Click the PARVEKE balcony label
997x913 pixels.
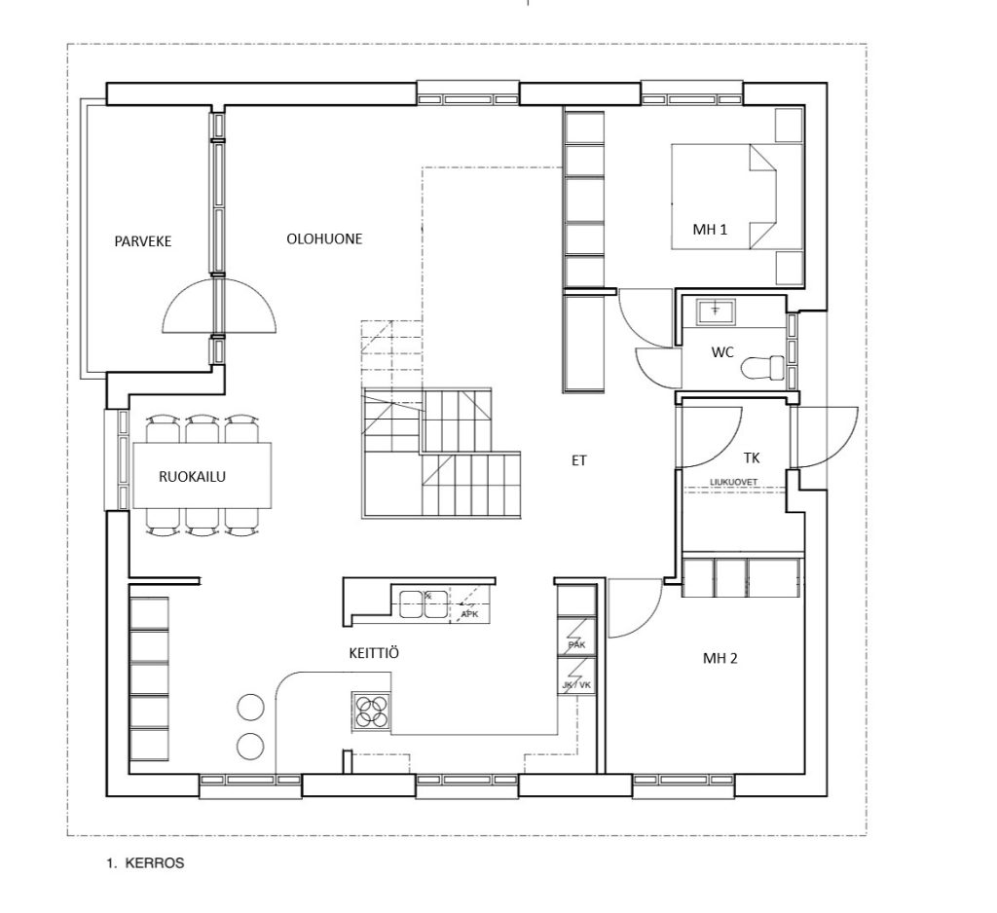point(143,241)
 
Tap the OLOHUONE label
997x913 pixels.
point(324,239)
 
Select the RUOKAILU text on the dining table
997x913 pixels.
point(192,477)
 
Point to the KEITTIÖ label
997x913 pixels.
point(374,653)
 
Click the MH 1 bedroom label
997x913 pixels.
point(710,230)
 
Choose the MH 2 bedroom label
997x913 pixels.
point(720,659)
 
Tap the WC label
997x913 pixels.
point(722,352)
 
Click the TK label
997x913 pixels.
point(751,457)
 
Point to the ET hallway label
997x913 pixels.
point(578,461)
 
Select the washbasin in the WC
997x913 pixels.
point(716,311)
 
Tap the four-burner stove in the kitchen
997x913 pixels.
point(371,711)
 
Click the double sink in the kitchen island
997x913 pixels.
point(423,604)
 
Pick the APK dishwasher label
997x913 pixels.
point(469,614)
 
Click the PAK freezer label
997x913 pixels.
point(576,645)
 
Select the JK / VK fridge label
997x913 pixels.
point(576,685)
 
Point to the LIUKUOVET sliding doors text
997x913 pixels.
point(734,482)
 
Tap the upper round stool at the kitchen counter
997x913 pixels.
point(250,707)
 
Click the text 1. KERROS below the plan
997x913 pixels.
point(146,862)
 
